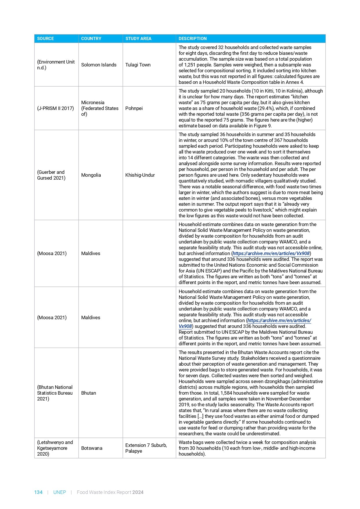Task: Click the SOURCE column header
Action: tap(46, 39)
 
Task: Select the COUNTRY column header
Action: tap(91, 39)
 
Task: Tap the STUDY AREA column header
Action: tap(138, 39)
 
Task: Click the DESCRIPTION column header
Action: tap(193, 39)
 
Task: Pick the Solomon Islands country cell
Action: tap(99, 65)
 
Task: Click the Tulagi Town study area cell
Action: tap(138, 65)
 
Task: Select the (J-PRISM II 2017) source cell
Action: tap(55, 108)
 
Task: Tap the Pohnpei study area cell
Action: tap(134, 108)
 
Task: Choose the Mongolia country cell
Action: tap(91, 175)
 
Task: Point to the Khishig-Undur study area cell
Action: tap(140, 175)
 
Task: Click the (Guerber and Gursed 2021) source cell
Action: tap(51, 175)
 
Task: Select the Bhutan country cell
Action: tap(88, 393)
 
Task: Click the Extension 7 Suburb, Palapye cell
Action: tap(146, 448)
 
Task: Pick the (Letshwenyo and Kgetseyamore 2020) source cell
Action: tap(55, 448)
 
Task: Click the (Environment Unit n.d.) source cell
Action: tap(56, 65)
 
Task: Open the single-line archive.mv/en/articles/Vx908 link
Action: tap(271, 253)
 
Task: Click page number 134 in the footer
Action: tap(38, 492)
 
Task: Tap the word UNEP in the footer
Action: tap(59, 492)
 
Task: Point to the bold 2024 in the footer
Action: tap(138, 492)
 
